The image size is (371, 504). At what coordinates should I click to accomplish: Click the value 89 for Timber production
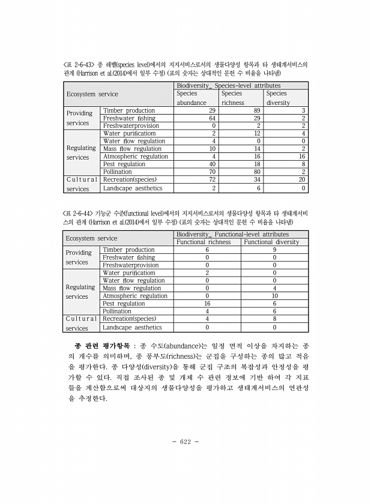point(257,111)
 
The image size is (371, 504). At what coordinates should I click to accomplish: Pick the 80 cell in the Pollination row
point(257,172)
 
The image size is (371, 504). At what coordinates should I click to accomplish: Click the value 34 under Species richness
point(257,179)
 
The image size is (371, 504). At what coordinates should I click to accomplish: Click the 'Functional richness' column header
point(208,242)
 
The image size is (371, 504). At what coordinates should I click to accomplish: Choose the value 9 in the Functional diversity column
point(274,250)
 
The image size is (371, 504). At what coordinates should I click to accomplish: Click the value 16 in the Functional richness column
point(207,304)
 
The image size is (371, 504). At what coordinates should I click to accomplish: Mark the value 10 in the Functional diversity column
point(274,296)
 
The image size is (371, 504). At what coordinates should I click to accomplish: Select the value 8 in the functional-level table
point(274,319)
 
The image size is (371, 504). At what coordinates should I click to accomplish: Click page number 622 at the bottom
point(185,442)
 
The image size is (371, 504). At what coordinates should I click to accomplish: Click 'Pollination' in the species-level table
point(118,172)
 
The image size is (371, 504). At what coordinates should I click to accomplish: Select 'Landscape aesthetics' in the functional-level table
point(133,328)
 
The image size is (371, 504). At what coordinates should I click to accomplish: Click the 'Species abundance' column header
point(192,98)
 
